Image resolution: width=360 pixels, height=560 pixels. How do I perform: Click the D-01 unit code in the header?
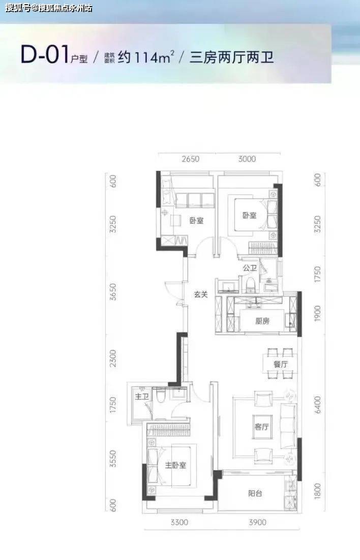pos(44,55)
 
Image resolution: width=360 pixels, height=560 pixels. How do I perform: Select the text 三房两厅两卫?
pos(232,57)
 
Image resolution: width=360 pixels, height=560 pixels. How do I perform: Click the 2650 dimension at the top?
pos(190,159)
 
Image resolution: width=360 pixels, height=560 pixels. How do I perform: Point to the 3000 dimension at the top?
pos(247,159)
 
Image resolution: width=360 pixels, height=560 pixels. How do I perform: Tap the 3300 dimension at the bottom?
pos(179,522)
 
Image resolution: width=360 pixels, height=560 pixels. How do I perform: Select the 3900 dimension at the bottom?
pos(257,522)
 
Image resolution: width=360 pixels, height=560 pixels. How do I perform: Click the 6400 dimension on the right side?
pos(317,405)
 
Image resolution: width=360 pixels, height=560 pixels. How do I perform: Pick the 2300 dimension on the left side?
pos(113,358)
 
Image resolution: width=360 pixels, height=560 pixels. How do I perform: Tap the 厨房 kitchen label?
pos(262,321)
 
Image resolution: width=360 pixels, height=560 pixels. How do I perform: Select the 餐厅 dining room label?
pos(281,364)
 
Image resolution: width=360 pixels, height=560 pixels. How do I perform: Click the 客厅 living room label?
pos(262,426)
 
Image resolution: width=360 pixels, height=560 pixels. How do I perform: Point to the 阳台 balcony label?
pos(255,493)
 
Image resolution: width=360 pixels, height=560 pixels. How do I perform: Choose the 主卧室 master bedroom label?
pos(175,465)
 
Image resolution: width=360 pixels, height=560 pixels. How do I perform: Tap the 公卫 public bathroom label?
pos(250,268)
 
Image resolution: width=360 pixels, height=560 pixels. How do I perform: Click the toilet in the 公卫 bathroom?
pos(250,284)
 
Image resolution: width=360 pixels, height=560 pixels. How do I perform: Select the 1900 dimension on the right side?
pos(317,313)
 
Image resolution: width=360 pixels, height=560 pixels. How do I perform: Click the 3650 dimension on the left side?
pos(113,291)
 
